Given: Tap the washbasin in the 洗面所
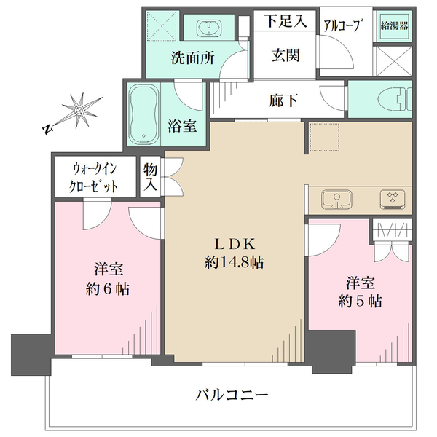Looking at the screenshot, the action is tap(208, 28).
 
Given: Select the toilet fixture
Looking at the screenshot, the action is tap(395, 98).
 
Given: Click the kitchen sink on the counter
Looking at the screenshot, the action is tap(336, 200).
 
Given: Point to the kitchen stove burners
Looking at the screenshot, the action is tap(393, 200).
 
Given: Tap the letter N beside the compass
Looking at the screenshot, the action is tap(47, 130).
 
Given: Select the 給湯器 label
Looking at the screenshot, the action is tap(394, 26).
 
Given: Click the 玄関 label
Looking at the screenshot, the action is tap(286, 55).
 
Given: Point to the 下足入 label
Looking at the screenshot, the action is tap(286, 20).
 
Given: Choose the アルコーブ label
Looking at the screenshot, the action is tap(344, 25).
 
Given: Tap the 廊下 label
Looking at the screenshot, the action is tap(283, 101).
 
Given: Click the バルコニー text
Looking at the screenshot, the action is tap(232, 395).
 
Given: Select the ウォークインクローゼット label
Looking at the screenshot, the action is tap(93, 178).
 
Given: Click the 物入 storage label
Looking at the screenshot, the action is tap(150, 177).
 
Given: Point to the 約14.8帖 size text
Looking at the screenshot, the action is tap(234, 262).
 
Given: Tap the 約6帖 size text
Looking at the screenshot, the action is tap(108, 289).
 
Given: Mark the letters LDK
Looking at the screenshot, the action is tap(235, 245).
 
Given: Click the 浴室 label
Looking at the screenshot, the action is tap(182, 126).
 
